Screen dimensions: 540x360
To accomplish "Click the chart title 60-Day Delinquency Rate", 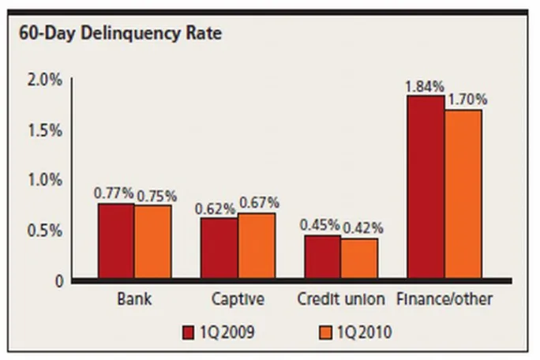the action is (120, 34).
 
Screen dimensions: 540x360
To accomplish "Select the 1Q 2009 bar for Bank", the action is (116, 241).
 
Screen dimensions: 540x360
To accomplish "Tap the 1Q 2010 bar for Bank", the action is (153, 242).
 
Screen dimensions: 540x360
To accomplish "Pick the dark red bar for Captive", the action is (219, 248).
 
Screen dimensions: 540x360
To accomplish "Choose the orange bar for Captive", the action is (257, 246).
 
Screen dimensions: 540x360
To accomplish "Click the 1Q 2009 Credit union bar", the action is (323, 257).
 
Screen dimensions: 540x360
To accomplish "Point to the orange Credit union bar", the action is (359, 258).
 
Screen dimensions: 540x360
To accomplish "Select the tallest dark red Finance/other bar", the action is (426, 187).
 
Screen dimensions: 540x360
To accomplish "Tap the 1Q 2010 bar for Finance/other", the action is (463, 194).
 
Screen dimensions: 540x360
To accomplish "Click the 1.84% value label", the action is (425, 87).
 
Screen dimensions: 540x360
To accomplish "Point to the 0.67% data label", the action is (259, 203).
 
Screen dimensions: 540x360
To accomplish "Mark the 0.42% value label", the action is (363, 228).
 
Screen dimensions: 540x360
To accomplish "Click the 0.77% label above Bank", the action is (114, 193).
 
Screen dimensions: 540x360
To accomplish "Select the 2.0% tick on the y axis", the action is (45, 80).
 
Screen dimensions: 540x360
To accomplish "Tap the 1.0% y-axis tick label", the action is (45, 180).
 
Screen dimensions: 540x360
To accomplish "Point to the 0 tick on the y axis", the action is (59, 282).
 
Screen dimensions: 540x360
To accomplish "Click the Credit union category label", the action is (341, 299).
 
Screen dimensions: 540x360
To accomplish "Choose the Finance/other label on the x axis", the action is (444, 299).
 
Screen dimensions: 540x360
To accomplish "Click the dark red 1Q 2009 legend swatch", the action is (188, 333).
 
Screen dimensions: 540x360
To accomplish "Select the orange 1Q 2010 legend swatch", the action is (325, 333).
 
